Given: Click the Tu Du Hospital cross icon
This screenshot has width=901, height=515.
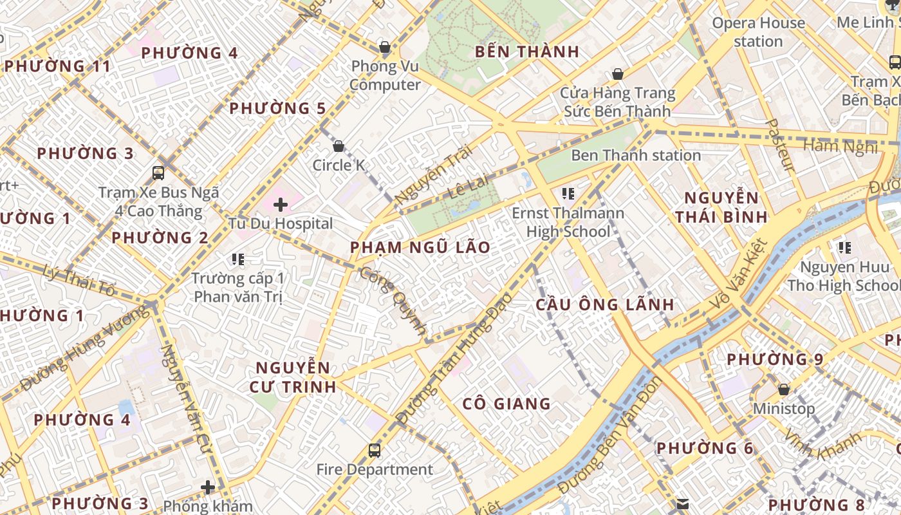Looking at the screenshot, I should (280, 205).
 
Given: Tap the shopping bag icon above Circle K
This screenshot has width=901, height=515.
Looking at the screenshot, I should (339, 146).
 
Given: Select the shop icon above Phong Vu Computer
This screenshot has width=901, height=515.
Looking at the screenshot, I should (385, 47).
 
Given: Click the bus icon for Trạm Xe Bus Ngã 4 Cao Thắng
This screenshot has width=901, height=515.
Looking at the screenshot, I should (158, 173).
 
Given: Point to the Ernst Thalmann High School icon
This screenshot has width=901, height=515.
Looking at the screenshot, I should (568, 193).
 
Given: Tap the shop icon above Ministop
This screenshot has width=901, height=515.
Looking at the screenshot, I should (783, 389).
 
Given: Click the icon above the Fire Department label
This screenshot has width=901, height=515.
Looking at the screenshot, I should (375, 450).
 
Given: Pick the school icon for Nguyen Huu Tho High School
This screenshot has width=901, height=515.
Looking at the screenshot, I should (844, 248).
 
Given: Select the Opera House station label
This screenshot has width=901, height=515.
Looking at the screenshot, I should (758, 32).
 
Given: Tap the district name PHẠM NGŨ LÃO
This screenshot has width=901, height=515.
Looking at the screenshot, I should (420, 247).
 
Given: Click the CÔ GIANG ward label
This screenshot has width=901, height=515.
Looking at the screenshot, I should (507, 404).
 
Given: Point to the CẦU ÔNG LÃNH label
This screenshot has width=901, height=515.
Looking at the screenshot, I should (605, 304).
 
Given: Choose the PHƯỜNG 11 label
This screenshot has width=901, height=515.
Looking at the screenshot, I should (57, 66).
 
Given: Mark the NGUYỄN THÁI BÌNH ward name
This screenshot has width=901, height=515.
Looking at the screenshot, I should (721, 207).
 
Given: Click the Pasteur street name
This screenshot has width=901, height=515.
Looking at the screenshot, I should (781, 145).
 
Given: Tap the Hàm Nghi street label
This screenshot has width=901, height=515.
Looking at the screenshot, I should (841, 147).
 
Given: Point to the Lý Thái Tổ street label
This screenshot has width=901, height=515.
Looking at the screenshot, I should (81, 281).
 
